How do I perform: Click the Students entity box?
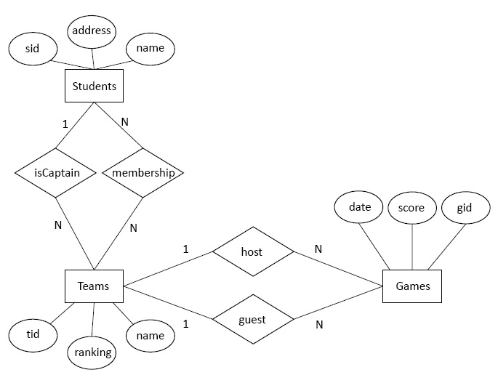point(94,86)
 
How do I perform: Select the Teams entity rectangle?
point(93,286)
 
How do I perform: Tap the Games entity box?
point(412,286)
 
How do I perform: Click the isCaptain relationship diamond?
point(56,173)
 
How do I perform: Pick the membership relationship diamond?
point(142,173)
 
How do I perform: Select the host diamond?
point(252,252)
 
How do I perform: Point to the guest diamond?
point(252,319)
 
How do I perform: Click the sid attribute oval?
point(32,49)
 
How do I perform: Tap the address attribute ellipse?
point(92,31)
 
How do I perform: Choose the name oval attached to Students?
point(150,49)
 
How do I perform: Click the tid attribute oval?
point(32,334)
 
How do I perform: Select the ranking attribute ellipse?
point(93,352)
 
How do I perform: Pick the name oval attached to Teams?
point(150,335)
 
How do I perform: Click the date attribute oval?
point(360,207)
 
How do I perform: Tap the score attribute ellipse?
point(411,208)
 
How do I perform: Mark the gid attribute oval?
point(464,208)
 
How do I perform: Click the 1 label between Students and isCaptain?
point(65,124)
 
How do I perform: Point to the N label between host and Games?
point(318,249)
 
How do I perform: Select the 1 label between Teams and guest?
point(185,324)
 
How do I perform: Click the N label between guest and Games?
point(318,325)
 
